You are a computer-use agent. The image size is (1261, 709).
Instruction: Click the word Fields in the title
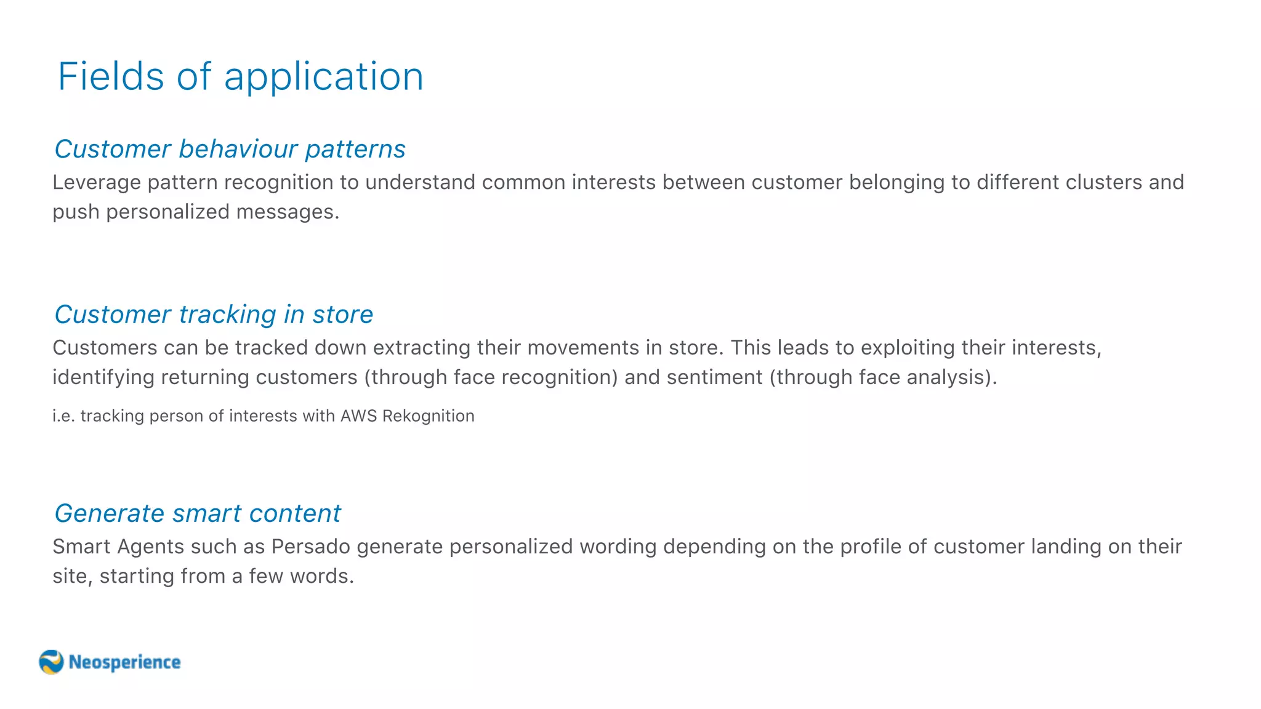tap(111, 77)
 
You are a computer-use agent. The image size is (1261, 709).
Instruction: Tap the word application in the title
tap(324, 78)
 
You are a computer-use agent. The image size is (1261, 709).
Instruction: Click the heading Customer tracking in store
tap(214, 314)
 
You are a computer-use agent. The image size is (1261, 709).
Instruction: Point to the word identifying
tap(103, 378)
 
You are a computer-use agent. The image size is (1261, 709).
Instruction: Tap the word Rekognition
tap(429, 417)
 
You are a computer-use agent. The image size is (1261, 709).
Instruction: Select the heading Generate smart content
tap(197, 514)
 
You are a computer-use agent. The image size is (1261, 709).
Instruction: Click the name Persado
tap(310, 547)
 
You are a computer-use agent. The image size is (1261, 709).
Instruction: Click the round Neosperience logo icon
tap(51, 662)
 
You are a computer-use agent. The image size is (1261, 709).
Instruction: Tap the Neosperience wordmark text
tap(124, 662)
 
